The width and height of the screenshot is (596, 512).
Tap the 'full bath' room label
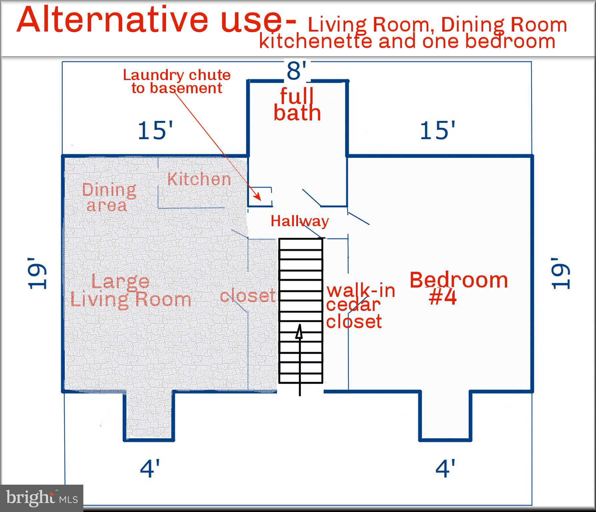297,105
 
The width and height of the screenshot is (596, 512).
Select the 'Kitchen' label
199,179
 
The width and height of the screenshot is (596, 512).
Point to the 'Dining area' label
109,197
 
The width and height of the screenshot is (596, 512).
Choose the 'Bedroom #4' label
459,289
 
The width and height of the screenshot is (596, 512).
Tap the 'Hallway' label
300,221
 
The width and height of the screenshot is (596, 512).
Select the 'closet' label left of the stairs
248,295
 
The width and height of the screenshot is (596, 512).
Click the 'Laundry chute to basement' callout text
177,82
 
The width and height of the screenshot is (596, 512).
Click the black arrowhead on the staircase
299,331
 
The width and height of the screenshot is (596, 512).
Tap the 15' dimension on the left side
155,130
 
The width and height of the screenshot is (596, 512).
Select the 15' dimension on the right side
437,130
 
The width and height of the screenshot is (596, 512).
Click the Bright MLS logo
42,498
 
